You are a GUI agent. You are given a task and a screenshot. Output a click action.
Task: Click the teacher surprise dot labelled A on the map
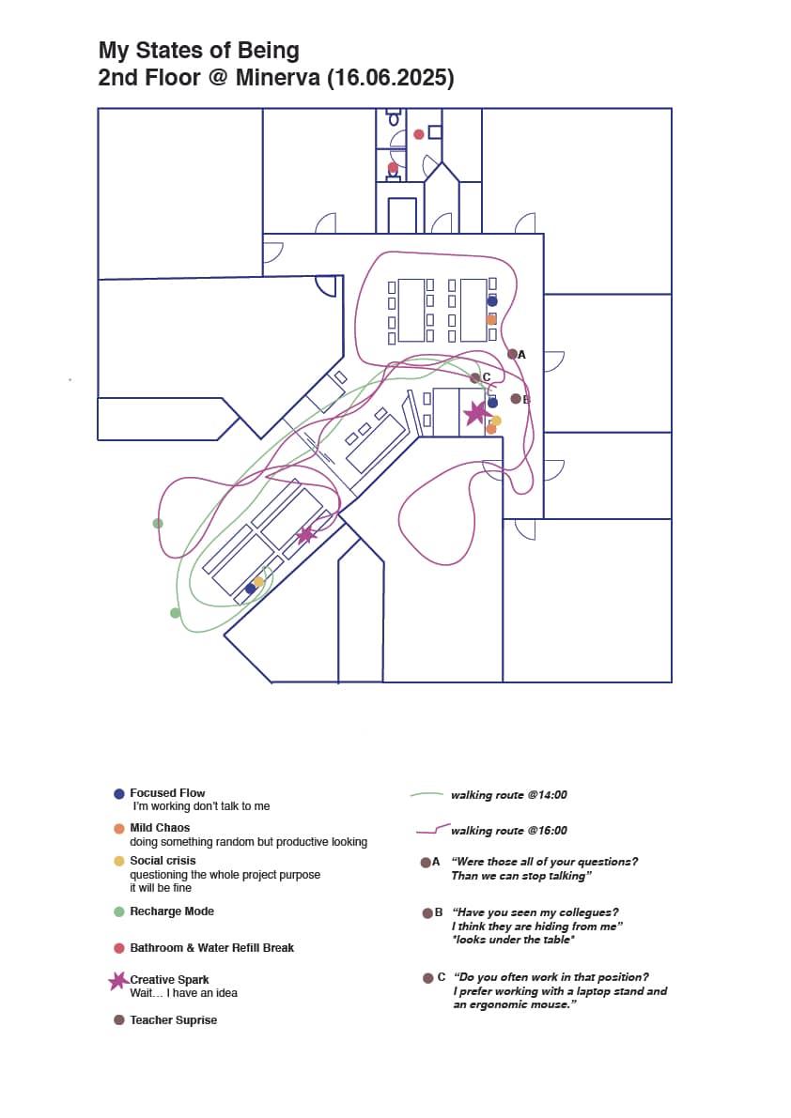pos(512,354)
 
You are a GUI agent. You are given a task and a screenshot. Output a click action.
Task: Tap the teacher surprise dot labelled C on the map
pos(475,378)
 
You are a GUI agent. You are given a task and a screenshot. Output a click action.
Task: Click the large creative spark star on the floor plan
pos(475,412)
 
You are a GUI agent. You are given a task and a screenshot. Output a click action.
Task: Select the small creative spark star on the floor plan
pos(306,535)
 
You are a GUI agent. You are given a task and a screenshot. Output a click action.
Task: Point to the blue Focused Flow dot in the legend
pos(119,793)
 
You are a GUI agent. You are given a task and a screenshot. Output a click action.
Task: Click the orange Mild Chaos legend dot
pos(119,829)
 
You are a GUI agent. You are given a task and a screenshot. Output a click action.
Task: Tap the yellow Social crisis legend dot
pos(119,862)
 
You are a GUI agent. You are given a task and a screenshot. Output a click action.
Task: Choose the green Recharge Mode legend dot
pos(119,911)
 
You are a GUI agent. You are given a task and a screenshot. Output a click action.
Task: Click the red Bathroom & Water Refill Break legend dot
pos(119,948)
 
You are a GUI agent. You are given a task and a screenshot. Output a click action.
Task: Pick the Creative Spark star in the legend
pos(118,981)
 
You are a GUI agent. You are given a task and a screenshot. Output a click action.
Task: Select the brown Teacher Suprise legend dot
pos(119,1020)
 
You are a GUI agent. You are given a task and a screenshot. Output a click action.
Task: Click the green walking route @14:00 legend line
pos(427,794)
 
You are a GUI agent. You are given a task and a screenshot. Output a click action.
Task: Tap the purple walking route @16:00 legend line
pos(432,829)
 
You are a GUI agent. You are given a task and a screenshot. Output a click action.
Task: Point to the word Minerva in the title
pos(277,77)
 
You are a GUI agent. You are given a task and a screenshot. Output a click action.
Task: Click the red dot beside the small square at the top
pos(419,134)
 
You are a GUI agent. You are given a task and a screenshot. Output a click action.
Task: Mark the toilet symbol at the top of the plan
pos(394,117)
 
